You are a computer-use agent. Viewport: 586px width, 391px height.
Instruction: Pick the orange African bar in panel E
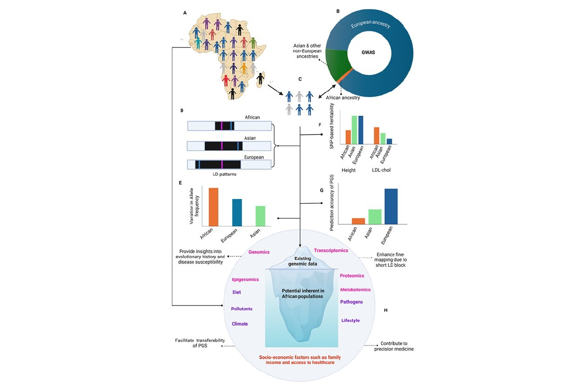tap(213, 207)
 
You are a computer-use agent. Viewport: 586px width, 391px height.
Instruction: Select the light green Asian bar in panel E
tap(260, 216)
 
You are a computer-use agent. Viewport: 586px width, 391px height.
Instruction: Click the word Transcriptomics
tap(331, 250)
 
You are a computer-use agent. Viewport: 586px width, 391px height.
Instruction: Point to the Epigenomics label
tap(245, 280)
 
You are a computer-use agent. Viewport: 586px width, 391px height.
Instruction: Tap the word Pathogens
tap(351, 302)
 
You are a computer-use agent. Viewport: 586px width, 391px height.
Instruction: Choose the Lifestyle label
tap(350, 320)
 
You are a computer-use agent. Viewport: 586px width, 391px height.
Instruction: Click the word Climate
tap(240, 324)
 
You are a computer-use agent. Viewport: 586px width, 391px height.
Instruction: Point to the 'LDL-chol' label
tap(382, 170)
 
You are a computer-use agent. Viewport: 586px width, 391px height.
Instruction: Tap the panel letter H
tap(385, 310)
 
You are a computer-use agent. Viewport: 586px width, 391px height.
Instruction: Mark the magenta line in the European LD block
tap(222, 164)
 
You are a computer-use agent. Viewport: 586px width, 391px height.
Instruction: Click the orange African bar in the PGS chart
tap(358, 221)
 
